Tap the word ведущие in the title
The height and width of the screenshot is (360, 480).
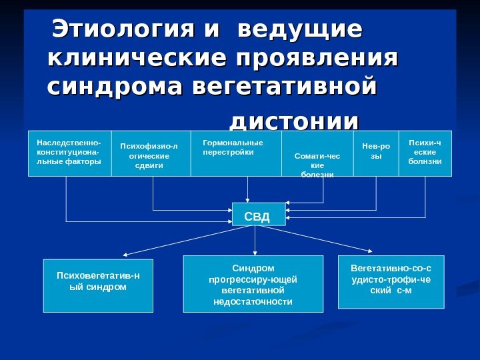(x=300, y=29)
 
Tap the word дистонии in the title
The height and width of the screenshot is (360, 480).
(x=293, y=121)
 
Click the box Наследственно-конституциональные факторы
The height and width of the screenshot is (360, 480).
(x=69, y=153)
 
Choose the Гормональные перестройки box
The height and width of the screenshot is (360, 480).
(x=236, y=153)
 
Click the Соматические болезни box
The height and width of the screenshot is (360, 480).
(x=317, y=153)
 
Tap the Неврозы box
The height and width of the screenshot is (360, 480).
(x=375, y=153)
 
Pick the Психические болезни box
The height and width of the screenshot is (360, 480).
(x=425, y=153)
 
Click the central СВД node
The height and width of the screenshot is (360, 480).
(x=258, y=215)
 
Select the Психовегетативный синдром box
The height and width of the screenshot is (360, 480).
(x=98, y=285)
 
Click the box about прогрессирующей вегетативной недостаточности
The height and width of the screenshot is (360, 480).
(x=253, y=284)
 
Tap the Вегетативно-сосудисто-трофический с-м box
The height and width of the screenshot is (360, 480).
(x=391, y=281)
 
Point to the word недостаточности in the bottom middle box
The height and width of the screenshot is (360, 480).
(x=253, y=302)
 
